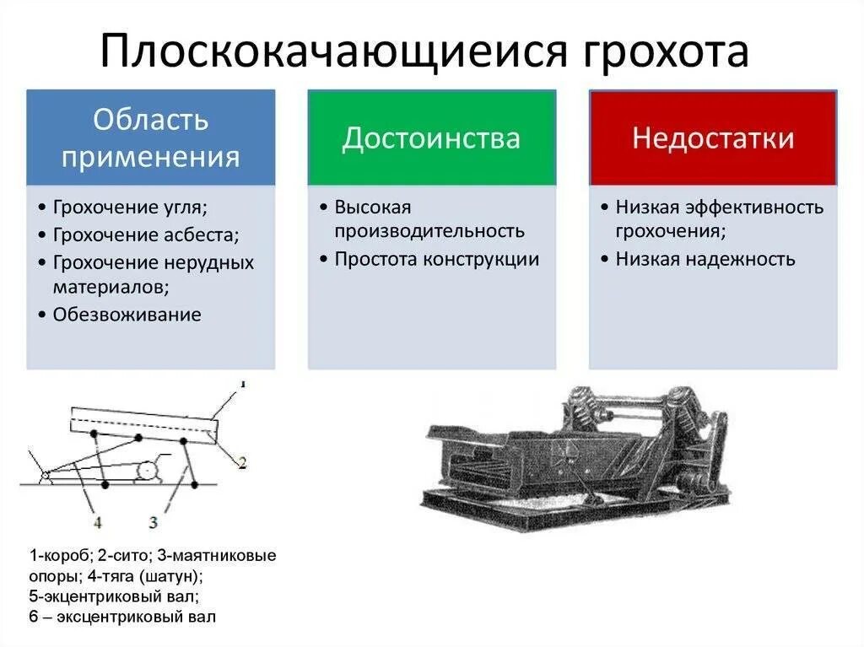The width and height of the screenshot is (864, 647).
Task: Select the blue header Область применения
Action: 150,137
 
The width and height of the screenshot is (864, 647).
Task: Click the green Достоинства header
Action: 431,137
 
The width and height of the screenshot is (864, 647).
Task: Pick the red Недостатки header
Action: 713,137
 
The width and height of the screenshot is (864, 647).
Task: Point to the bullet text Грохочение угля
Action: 129,208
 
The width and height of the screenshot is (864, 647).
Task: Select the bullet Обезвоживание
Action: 127,315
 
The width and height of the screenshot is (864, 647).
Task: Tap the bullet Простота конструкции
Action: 436,259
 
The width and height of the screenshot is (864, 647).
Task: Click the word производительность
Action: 429,231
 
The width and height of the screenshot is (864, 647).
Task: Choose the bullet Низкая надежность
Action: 705,259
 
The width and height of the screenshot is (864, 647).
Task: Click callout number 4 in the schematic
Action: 98,523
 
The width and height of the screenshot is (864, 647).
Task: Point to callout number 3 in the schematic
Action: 153,523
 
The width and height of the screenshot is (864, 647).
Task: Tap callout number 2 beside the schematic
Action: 241,462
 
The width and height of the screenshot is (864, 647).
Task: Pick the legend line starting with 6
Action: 122,617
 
